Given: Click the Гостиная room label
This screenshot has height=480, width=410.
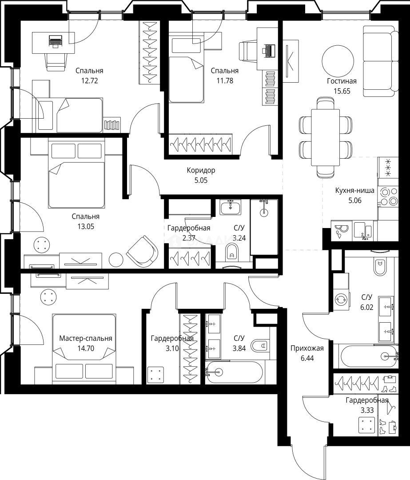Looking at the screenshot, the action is coord(342,81).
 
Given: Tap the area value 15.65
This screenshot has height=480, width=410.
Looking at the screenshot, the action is coord(342,91).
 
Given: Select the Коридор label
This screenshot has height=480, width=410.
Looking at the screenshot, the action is coord(201,170).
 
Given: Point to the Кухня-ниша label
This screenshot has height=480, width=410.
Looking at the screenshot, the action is coord(354,190).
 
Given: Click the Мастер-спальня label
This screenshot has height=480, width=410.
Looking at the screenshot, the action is coord(86,338).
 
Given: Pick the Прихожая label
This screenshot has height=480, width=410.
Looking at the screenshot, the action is coord(307,348).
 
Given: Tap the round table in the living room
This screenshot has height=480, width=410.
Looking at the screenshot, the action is coord(338,61).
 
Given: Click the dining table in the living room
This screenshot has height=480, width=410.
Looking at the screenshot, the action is coord(325,137).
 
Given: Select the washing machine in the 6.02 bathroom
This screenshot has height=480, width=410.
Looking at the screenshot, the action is coord(341,299).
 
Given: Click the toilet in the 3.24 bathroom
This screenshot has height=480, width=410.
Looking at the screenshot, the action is coord(231,252).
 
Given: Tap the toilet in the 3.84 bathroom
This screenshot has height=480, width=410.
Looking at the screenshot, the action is coord(260,346).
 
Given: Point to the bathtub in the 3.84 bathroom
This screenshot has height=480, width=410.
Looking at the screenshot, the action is coord(234,372).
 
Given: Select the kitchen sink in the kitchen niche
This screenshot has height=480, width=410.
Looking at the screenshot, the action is coord(363,230).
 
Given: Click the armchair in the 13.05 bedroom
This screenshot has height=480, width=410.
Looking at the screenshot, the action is coord(142,251).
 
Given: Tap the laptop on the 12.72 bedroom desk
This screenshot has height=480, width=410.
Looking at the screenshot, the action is coord(56,41).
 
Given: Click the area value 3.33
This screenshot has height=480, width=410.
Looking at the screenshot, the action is coord(367,410).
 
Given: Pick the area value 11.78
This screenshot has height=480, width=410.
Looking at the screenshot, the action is coord(225,81).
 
